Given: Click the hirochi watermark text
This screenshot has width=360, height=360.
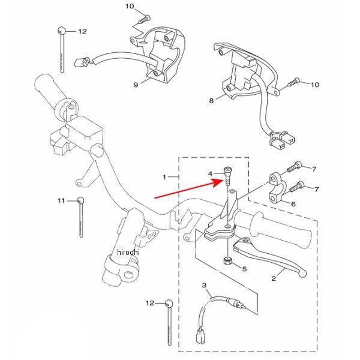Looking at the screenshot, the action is tap(128, 252).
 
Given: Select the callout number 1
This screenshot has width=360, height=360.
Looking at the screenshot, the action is tap(164, 177).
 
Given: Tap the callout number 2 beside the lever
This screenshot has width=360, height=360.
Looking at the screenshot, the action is tap(274, 278).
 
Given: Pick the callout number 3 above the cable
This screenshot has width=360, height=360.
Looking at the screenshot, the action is tap(204, 286).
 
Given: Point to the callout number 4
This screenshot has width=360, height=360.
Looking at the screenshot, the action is tap(211, 174).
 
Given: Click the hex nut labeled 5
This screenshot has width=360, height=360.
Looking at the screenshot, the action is tap(227, 260).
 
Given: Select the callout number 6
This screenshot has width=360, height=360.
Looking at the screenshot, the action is tap(293, 204).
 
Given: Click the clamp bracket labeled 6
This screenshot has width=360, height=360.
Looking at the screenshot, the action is tap(276, 188).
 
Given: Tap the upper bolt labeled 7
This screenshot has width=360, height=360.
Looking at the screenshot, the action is tap(295, 167).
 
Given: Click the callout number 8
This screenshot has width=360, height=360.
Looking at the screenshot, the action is tap(211, 101).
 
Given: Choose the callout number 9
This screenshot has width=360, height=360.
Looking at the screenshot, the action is tap(136, 85).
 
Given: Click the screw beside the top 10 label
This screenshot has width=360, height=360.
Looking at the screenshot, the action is tap(145, 19).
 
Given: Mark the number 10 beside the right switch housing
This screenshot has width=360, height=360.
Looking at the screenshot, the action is tap(315, 85).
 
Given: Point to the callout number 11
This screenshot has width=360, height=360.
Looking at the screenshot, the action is tap(61, 201).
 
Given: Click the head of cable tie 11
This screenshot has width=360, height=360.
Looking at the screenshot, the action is tap(81, 200).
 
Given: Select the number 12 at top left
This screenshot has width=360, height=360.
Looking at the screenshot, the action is tap(82, 31).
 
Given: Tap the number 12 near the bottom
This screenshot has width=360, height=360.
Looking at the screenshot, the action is tap(150, 303).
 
